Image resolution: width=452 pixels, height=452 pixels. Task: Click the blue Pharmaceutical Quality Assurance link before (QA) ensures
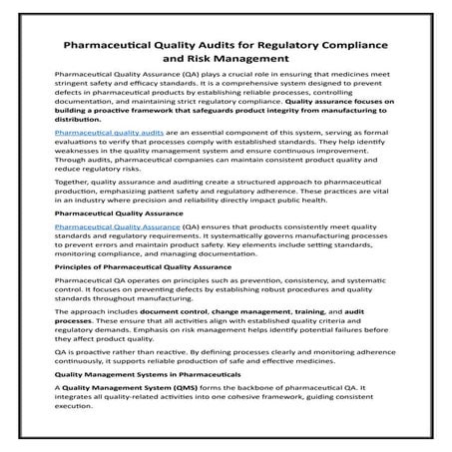[x=112, y=227]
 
